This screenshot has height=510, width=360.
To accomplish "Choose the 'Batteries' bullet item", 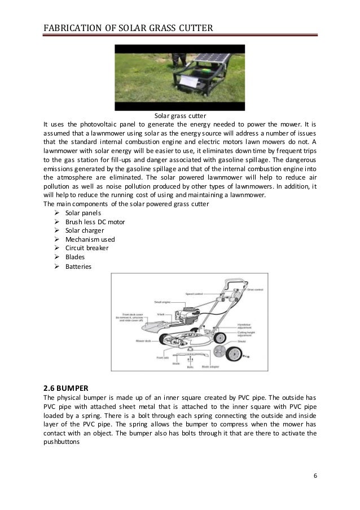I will pos(78,265).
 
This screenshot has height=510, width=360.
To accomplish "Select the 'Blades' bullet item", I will pos(74,256).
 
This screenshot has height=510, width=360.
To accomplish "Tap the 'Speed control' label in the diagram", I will pos(195,294).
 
